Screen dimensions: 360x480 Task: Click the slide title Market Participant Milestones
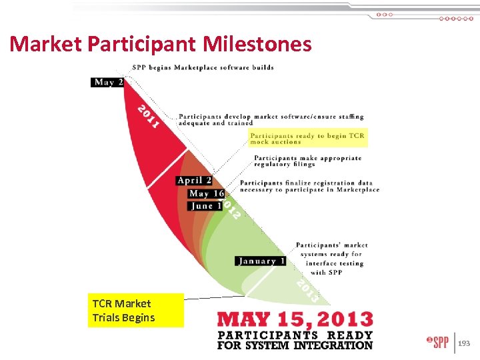point(161,44)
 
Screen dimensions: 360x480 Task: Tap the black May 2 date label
point(108,83)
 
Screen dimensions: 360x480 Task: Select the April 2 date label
point(195,181)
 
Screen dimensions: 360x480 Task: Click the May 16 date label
point(206,193)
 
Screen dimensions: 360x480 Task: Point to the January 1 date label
point(260,261)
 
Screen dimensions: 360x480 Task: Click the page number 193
point(464,343)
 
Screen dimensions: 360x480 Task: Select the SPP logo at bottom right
point(437,343)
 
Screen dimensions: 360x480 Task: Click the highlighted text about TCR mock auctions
point(308,139)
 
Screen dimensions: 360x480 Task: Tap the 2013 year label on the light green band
point(307,289)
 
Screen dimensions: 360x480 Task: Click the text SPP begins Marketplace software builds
point(203,67)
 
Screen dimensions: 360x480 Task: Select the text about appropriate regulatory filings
point(307,161)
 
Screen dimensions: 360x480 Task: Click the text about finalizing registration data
point(309,186)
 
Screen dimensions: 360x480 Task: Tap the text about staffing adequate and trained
point(271,119)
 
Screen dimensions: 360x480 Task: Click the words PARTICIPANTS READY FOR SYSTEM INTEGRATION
point(295,340)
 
